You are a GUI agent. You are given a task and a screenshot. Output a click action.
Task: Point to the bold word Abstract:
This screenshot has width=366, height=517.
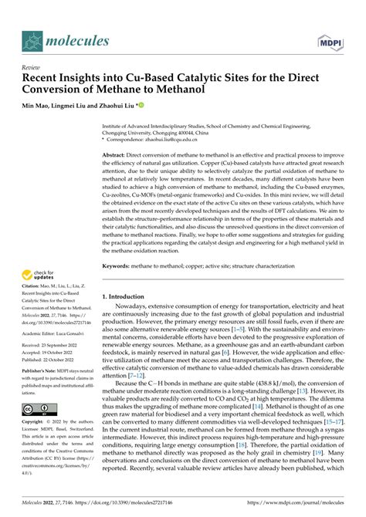coord(119,155)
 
